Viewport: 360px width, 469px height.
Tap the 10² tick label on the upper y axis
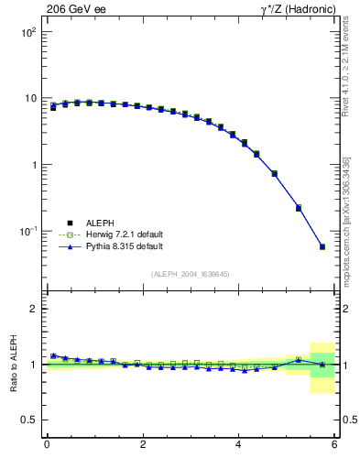(x=27, y=32)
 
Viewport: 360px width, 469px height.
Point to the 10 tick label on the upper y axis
(x=29, y=99)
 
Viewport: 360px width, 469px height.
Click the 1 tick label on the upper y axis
(x=33, y=166)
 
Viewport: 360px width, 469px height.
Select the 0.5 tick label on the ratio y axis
(x=29, y=420)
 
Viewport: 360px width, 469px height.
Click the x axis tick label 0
(x=47, y=444)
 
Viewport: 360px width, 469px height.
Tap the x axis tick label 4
(x=239, y=444)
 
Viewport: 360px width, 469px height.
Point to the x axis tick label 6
(x=334, y=444)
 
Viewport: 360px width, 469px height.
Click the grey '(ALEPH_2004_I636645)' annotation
(x=191, y=274)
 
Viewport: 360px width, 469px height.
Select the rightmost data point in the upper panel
(x=322, y=246)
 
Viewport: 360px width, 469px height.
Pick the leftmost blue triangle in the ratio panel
(x=53, y=355)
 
